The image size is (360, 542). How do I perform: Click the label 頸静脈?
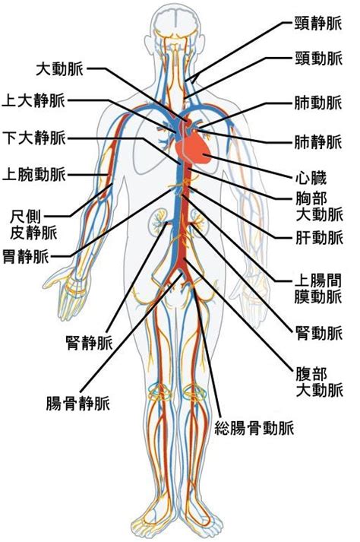pyautogui.click(x=318, y=24)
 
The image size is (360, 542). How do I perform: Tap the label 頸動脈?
pyautogui.click(x=318, y=58)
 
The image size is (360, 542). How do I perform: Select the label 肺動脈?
pyautogui.click(x=318, y=103)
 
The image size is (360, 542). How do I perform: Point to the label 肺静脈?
pyautogui.click(x=318, y=142)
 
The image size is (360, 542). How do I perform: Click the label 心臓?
pyautogui.click(x=311, y=178)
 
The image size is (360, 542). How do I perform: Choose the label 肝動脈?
pyautogui.click(x=319, y=238)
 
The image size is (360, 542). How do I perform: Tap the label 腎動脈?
pyautogui.click(x=319, y=333)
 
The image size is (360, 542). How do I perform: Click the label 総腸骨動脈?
pyautogui.click(x=254, y=428)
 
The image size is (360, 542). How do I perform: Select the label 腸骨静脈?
pyautogui.click(x=77, y=403)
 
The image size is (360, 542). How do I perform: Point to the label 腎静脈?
pyautogui.click(x=89, y=343)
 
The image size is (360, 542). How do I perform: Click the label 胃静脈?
pyautogui.click(x=26, y=256)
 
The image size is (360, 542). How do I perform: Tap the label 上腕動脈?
pyautogui.click(x=34, y=174)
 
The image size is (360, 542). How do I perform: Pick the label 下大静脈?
pyautogui.click(x=34, y=138)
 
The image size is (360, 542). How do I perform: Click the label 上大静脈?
pyautogui.click(x=33, y=100)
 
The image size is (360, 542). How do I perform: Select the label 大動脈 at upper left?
pyautogui.click(x=60, y=68)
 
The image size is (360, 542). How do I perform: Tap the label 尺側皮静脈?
pyautogui.click(x=33, y=225)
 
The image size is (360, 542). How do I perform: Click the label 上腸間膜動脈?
pyautogui.click(x=318, y=288)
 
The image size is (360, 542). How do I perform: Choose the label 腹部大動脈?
pyautogui.click(x=319, y=382)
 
